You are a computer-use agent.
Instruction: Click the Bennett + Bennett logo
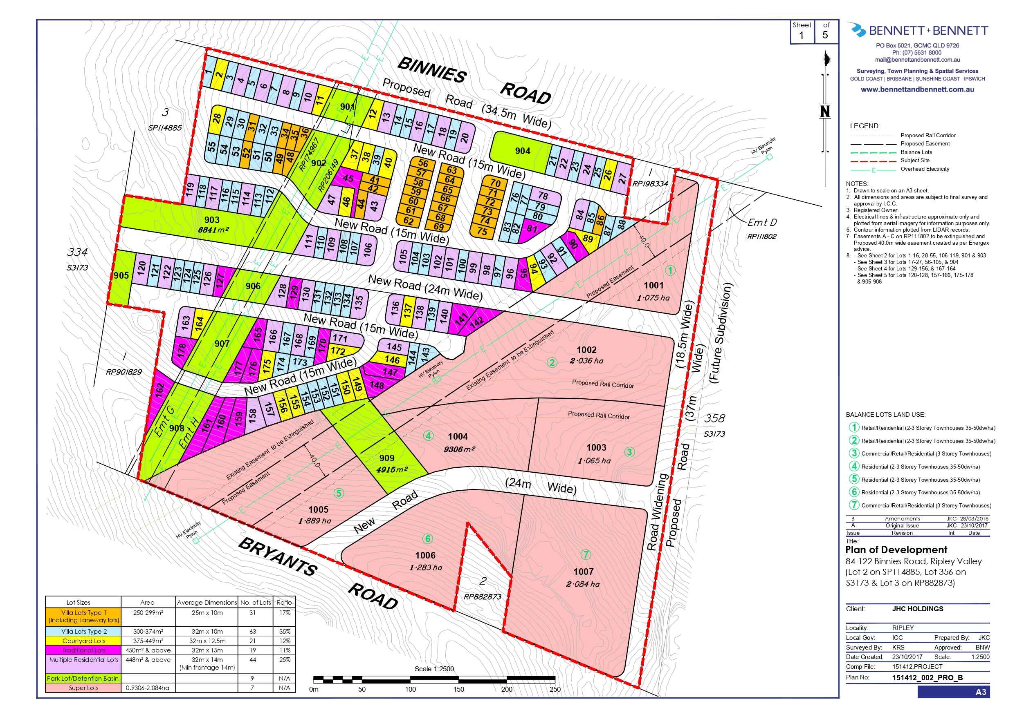917,30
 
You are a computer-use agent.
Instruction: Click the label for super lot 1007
584,571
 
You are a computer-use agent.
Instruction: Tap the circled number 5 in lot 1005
339,493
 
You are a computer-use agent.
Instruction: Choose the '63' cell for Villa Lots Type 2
255,631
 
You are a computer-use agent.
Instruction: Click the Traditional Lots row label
83,650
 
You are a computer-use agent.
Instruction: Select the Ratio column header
284,602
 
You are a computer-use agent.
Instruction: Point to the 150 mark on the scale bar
458,689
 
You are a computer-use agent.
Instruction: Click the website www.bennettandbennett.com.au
917,89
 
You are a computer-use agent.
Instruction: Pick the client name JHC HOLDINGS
918,609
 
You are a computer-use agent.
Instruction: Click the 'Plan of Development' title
896,549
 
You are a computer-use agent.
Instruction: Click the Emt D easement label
762,222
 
